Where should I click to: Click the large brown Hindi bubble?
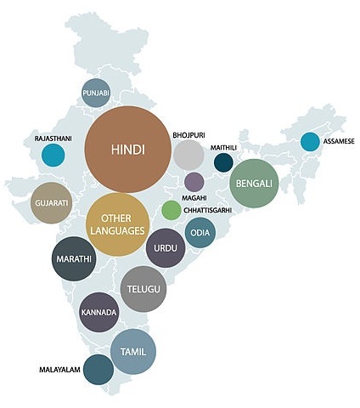point(128,150)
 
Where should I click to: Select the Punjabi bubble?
point(96,93)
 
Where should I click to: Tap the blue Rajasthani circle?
point(53,156)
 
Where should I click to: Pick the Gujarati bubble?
point(51,203)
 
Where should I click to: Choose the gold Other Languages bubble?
point(118,224)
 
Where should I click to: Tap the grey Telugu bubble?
point(143,289)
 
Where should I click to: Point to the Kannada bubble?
point(98,312)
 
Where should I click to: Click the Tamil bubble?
point(133,352)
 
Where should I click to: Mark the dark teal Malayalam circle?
point(98,371)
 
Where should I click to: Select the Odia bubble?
point(200,232)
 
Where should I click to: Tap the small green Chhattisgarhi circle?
point(172,210)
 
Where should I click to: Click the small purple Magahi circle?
point(194,182)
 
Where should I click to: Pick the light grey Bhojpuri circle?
point(188,156)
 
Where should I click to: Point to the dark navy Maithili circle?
point(223,162)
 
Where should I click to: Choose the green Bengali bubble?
point(255,184)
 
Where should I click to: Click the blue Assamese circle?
point(310,142)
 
